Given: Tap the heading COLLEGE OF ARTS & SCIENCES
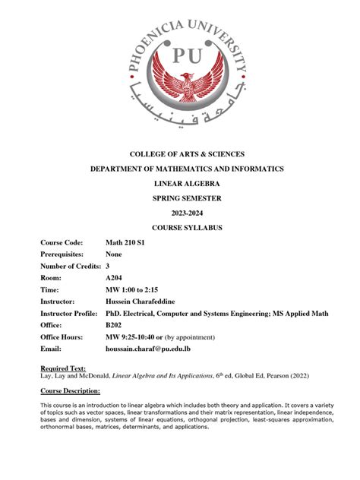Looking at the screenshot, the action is pyautogui.click(x=180, y=154).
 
